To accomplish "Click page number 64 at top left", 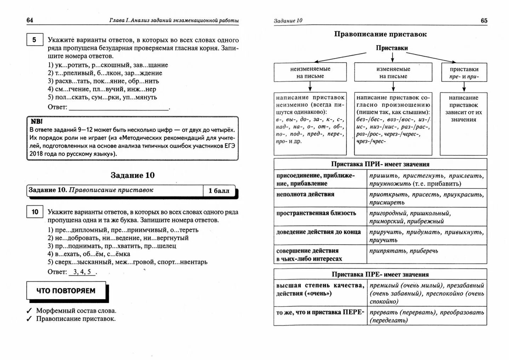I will pos(30,20).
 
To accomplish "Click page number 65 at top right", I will pos(484,21).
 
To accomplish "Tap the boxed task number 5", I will pos(34,40).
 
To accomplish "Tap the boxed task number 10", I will pos(35,212).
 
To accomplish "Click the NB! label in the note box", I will pos(36,121).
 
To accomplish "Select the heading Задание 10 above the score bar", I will pos(132,175).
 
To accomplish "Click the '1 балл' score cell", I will pos(219,191).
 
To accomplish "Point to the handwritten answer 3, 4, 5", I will pos(82,272).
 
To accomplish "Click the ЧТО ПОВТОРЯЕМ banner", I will pos(66,291).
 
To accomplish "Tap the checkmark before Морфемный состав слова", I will pos(29,311).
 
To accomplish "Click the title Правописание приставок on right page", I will pos(380,34).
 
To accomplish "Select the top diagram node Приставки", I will pos(392,48).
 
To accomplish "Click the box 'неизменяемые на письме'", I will pos(310,73).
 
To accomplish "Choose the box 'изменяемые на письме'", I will pos(393,73).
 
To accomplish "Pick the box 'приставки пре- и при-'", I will pos(464,73).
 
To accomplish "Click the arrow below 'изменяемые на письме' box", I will pos(393,87).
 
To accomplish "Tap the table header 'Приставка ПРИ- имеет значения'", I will pos(380,164).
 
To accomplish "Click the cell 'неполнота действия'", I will pos(305,194).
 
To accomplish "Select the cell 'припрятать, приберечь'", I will pos(404,251).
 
